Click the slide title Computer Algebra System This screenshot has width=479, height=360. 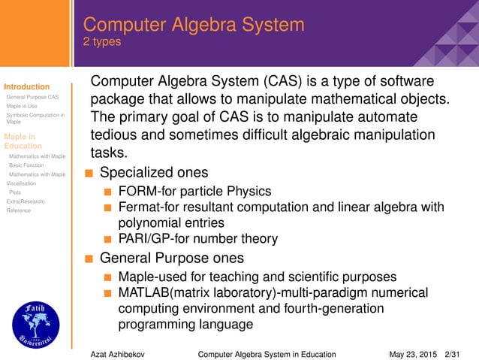[x=193, y=24]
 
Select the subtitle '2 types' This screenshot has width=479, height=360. [x=101, y=42]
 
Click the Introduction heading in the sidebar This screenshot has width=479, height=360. [x=26, y=87]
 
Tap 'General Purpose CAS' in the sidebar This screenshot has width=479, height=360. [x=32, y=98]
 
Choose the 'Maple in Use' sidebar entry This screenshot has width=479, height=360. [x=22, y=107]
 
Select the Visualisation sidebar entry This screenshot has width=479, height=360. [x=20, y=183]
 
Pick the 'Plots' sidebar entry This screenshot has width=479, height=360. [x=15, y=192]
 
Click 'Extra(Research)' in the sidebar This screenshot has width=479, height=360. [x=25, y=201]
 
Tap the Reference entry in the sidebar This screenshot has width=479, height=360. [x=19, y=210]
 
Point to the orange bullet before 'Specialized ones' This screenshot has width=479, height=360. [x=89, y=173]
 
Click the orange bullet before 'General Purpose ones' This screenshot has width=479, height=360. [x=89, y=259]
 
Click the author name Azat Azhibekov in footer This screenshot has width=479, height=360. [x=118, y=353]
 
